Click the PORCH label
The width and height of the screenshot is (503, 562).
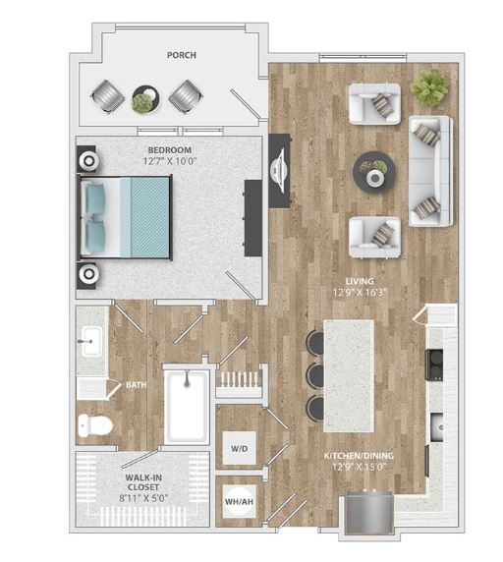point(180,56)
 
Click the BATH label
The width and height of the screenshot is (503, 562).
point(136,385)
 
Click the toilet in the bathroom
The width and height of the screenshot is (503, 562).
point(95,424)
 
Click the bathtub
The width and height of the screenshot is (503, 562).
point(187,405)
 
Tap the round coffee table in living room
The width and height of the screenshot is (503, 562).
point(374,170)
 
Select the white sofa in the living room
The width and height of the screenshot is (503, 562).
point(429,170)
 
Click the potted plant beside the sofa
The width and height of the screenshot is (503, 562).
point(428,88)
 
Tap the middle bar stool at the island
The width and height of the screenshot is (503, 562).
point(315,375)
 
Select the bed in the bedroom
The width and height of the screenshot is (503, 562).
point(126,215)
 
